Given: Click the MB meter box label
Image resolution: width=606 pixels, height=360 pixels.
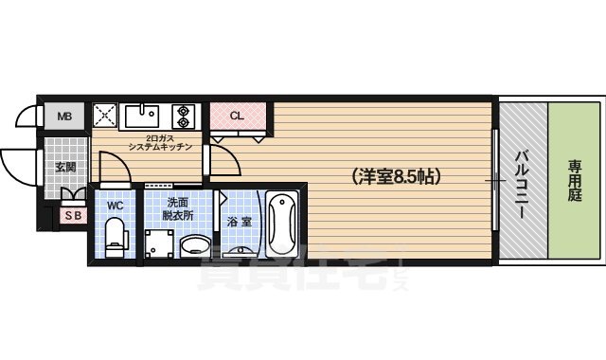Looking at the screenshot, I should tap(63, 117).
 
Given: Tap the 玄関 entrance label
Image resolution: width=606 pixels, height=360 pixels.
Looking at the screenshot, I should tap(65, 167).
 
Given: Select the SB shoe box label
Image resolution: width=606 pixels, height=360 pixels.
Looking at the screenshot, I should tap(71, 215).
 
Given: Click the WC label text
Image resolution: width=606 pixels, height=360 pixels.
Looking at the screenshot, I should tap(115, 205).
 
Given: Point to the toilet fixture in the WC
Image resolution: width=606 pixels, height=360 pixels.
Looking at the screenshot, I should tap(116, 235).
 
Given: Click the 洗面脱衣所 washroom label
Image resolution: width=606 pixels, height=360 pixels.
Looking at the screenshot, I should tap(179, 208).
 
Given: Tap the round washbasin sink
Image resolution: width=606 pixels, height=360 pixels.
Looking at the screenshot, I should tap(197, 246).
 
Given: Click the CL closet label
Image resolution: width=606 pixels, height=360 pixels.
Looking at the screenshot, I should tap(237, 116).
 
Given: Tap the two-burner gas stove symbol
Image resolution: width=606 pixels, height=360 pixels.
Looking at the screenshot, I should tap(182, 116).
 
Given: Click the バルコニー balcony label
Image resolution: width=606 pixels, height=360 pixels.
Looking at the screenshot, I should tap(522, 183).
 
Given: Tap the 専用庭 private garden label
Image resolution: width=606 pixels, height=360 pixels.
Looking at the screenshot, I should tap(574, 178).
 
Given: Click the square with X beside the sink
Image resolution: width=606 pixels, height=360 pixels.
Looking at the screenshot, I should tap(105, 116).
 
